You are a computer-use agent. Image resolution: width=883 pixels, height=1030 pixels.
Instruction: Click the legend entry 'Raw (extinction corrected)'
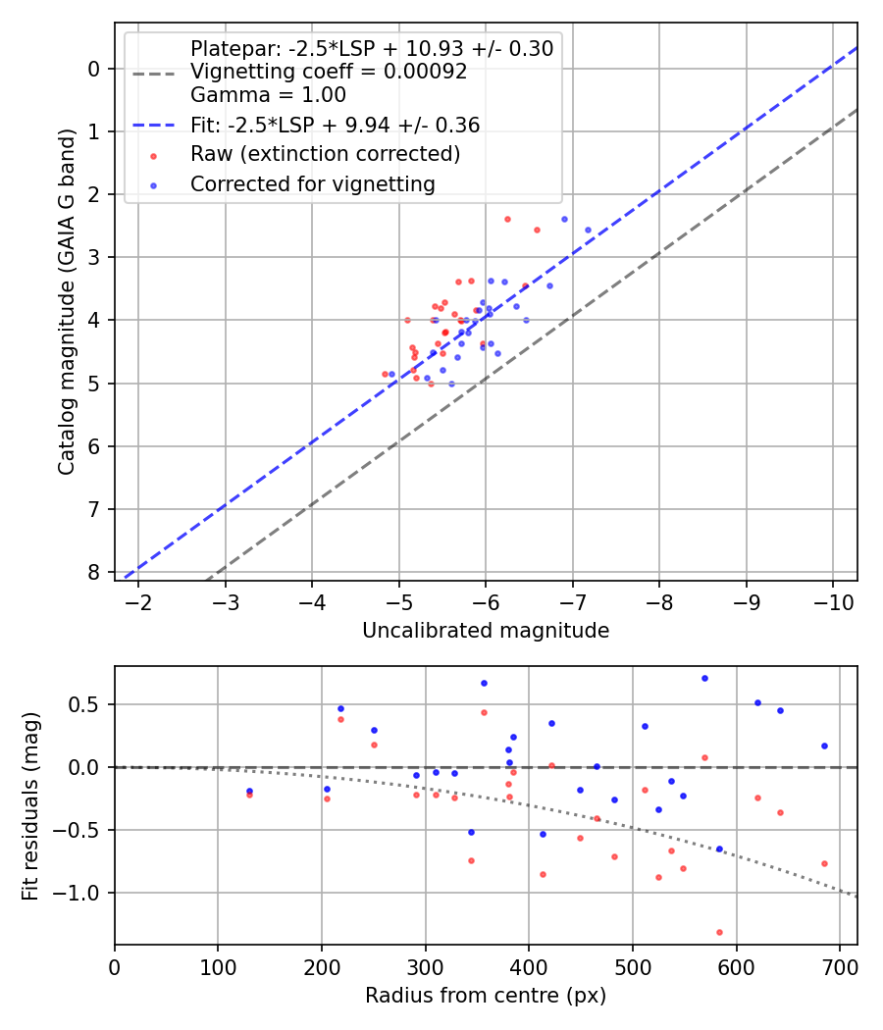click(325, 154)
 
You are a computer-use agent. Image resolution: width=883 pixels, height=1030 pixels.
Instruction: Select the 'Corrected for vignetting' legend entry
click(312, 183)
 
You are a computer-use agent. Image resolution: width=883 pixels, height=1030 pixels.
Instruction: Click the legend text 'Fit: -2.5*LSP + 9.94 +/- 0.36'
click(335, 125)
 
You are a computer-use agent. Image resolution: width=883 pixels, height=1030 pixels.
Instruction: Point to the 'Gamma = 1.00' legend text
click(268, 95)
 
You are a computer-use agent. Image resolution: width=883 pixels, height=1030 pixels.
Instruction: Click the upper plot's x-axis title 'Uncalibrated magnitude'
click(486, 631)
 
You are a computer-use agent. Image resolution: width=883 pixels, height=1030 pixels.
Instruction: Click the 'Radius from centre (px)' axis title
click(486, 996)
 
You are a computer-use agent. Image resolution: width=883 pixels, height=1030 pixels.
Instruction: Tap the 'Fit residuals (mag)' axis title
click(31, 805)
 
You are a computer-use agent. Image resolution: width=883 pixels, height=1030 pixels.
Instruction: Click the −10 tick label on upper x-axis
click(833, 599)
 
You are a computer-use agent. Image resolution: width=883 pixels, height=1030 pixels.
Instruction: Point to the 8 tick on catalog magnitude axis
click(94, 572)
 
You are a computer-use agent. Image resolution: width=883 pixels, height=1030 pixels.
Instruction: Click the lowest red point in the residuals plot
click(719, 932)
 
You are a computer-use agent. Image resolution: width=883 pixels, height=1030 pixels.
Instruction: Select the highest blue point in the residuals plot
click(704, 678)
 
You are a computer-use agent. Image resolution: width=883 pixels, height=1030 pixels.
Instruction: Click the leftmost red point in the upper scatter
click(385, 374)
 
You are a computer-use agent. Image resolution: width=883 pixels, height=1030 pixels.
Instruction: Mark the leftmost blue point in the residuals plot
click(249, 791)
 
